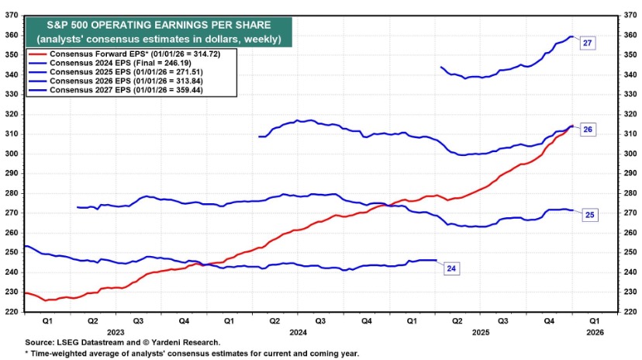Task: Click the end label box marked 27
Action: click(x=587, y=43)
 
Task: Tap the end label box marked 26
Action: click(x=588, y=130)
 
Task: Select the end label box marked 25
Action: click(x=589, y=214)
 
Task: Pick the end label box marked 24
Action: click(x=452, y=268)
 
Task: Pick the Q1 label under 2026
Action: click(x=593, y=319)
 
